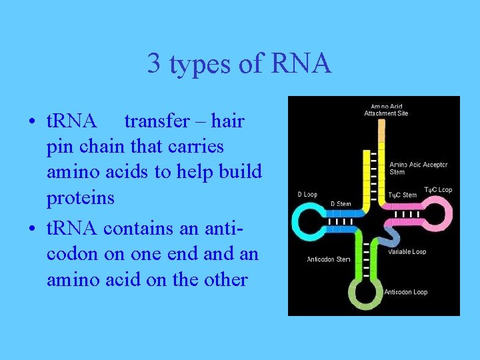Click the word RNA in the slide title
tap(301, 64)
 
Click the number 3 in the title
tap(153, 64)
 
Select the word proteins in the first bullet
tap(80, 198)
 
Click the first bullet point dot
tap(32, 123)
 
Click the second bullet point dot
tap(32, 229)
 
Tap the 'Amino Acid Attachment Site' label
tap(386, 110)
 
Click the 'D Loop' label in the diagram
tap(307, 195)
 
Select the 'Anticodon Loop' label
tap(405, 292)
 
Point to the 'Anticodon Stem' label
tap(329, 259)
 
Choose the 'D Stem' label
tap(341, 204)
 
